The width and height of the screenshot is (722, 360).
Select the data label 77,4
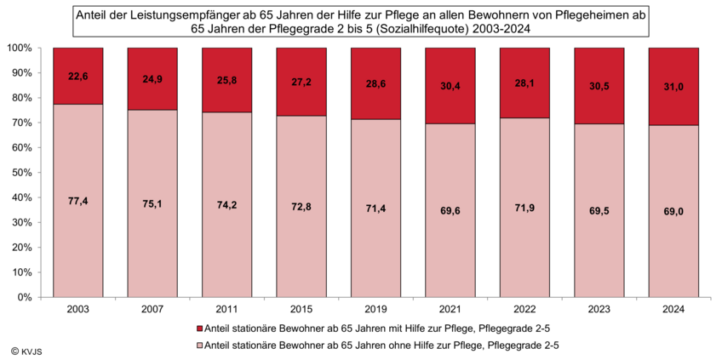[x=77, y=202]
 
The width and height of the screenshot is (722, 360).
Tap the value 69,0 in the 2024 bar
[x=673, y=212]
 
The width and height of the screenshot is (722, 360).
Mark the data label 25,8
[x=226, y=79]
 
